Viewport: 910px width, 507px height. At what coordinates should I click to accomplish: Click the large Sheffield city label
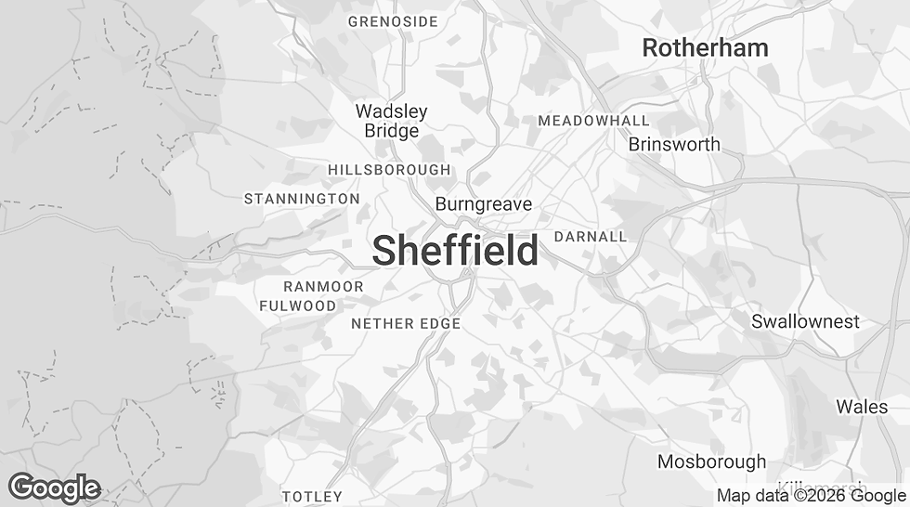click(455, 251)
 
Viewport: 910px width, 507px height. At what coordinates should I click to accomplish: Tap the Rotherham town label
click(705, 48)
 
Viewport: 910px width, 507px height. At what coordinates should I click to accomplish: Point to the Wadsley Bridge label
click(391, 121)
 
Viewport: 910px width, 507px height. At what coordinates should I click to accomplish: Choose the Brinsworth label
click(673, 144)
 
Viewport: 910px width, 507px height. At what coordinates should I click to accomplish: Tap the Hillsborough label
click(389, 170)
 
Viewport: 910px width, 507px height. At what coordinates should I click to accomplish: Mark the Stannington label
click(301, 199)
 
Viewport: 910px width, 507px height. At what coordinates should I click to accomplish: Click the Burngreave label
click(483, 203)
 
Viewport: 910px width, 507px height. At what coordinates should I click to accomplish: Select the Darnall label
click(590, 237)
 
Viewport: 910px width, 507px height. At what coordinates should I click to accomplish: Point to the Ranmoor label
click(323, 287)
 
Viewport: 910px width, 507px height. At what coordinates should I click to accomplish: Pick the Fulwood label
click(297, 305)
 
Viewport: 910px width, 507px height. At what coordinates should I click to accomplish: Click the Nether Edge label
click(406, 324)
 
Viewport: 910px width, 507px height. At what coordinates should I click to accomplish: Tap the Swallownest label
click(805, 321)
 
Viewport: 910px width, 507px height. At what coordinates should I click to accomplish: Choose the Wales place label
click(862, 407)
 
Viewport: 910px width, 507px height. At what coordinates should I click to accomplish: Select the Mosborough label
click(711, 461)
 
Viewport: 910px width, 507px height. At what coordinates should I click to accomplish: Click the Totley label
click(312, 497)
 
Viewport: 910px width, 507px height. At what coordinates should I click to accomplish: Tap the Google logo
click(54, 487)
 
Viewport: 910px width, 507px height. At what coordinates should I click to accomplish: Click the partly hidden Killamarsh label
click(821, 486)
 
